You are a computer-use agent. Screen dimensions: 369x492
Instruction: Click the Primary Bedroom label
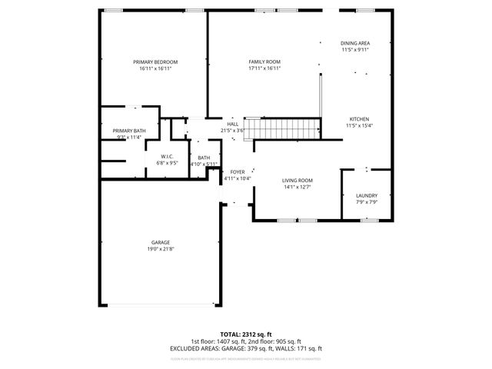155,61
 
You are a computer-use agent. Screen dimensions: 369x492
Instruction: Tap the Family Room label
264,61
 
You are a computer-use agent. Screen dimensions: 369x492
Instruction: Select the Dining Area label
355,43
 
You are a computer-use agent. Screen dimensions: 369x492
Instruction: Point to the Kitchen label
359,119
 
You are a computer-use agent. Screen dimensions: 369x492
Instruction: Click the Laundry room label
366,196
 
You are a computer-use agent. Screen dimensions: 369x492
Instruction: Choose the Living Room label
297,180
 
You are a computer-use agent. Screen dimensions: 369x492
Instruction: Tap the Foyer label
238,172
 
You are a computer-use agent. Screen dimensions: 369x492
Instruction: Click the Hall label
232,124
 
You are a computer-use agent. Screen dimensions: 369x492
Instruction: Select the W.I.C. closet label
166,156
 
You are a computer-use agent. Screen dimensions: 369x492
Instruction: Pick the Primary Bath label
129,131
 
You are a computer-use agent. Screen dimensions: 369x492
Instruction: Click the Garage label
160,243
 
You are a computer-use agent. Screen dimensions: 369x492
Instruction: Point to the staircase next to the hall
287,128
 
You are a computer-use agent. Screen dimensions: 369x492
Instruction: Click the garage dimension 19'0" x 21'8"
160,250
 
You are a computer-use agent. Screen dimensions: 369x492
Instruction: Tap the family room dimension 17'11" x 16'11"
264,68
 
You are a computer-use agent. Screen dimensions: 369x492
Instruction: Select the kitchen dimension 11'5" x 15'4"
359,126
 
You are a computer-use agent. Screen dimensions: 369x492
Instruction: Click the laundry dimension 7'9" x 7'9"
366,203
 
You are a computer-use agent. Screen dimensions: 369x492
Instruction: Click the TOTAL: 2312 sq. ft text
245,334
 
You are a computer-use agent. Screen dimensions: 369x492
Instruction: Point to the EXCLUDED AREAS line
245,348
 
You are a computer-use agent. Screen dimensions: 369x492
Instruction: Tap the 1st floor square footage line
245,341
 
